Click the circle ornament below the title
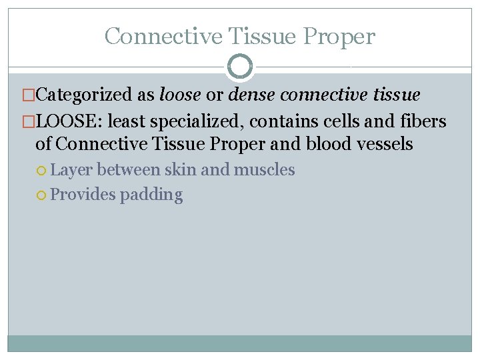click(x=239, y=67)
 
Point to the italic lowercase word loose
click(x=180, y=95)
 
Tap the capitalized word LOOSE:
click(x=68, y=121)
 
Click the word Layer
click(x=72, y=171)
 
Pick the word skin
click(x=181, y=170)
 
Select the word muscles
click(x=264, y=170)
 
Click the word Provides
click(x=83, y=195)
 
